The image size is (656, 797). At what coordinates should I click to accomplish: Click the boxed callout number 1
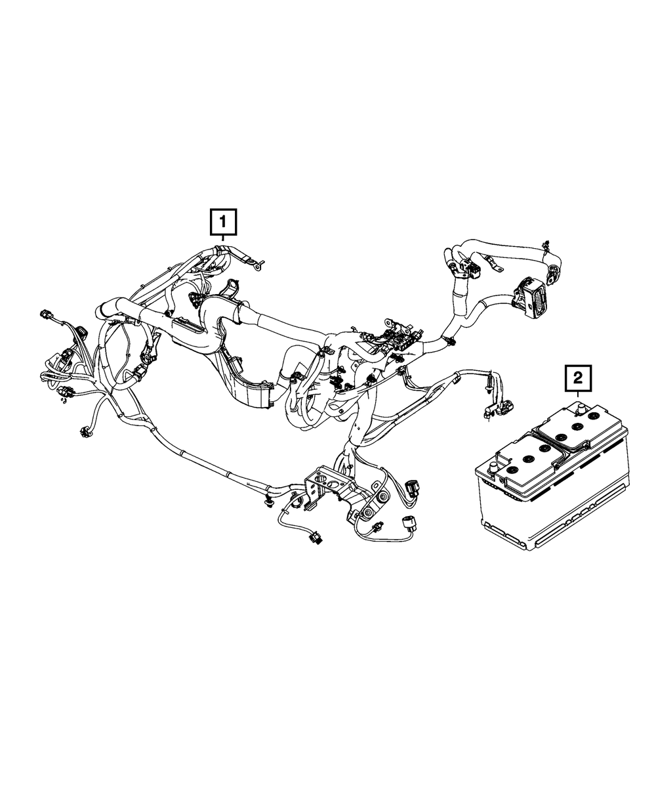click(x=223, y=222)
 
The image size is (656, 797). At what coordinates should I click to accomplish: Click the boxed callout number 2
click(x=577, y=378)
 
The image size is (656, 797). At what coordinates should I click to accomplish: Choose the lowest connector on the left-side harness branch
click(x=84, y=431)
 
